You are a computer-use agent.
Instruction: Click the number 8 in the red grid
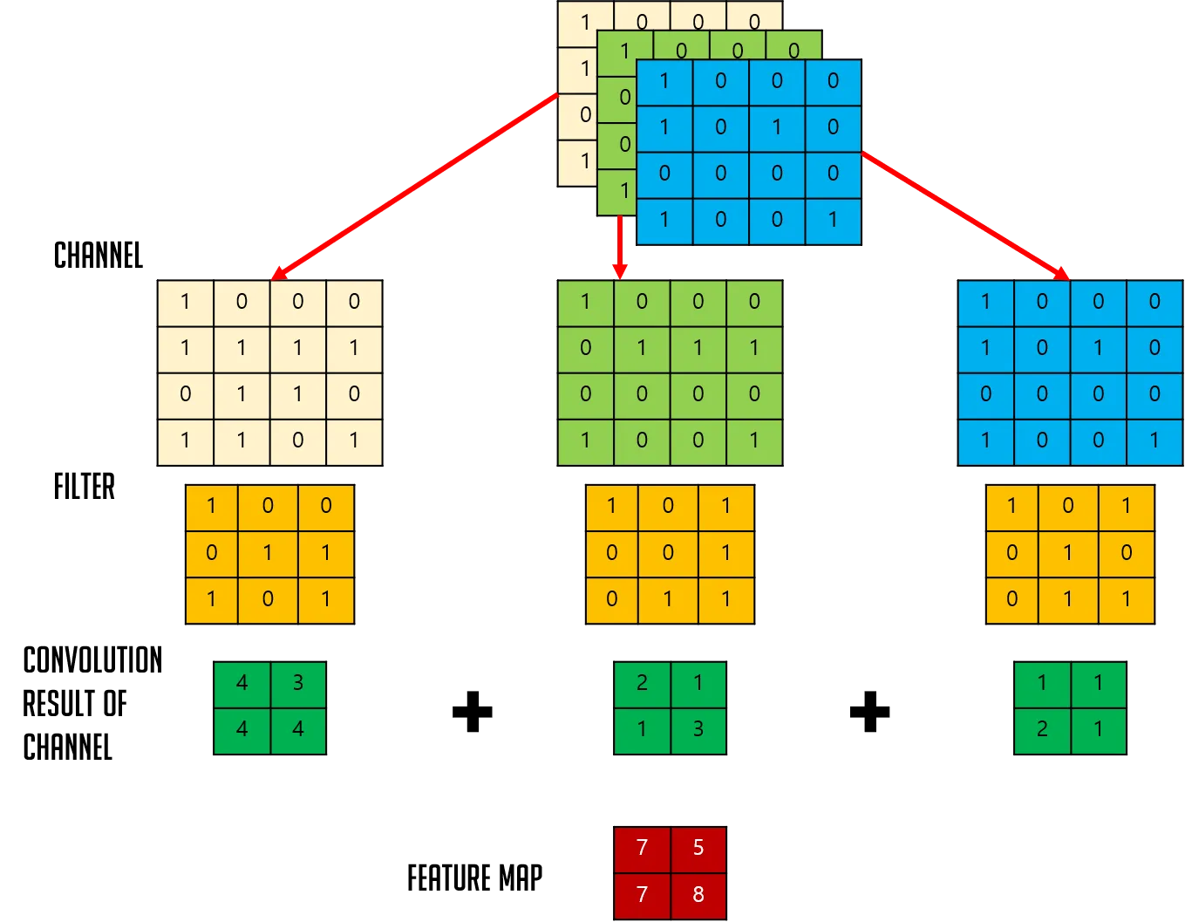point(698,894)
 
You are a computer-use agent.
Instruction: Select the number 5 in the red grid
point(698,847)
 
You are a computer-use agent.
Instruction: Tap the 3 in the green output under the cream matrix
point(298,683)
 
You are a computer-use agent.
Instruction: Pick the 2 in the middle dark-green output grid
point(642,683)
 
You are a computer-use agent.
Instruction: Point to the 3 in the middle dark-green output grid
point(698,729)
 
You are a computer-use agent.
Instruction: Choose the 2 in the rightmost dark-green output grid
point(1042,729)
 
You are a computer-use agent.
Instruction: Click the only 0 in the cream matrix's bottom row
point(298,441)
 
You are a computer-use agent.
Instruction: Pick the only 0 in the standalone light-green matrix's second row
point(585,348)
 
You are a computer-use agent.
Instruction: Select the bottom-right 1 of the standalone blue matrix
point(1154,441)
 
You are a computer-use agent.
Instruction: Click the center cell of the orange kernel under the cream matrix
point(268,553)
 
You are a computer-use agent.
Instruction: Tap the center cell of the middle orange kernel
point(668,553)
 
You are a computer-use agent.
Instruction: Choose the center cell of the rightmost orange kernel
point(1068,553)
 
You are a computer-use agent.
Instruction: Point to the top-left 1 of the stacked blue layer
point(664,82)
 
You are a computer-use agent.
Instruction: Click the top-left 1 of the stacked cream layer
point(585,23)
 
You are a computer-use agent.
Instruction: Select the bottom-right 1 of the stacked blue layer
point(833,220)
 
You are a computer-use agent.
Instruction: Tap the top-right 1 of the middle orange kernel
point(725,506)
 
